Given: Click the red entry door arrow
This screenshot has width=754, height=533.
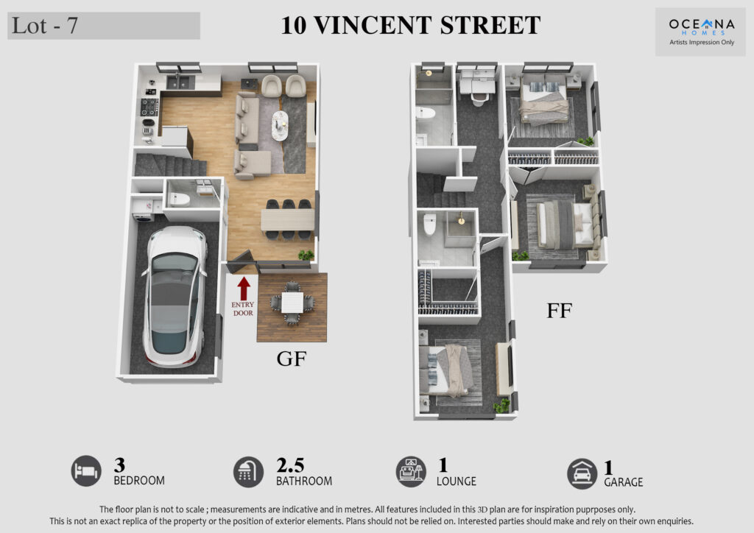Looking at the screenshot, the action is (244, 289).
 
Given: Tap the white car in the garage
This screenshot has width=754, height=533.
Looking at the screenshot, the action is (175, 297).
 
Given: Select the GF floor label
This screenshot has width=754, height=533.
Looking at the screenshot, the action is (292, 359).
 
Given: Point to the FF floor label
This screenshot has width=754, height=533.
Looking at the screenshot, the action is (560, 311).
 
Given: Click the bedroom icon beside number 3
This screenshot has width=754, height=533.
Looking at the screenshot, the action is (87, 470).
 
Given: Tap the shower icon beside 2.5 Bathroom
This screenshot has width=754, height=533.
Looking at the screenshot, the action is (249, 471).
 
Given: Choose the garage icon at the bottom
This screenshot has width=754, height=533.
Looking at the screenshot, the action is (582, 474).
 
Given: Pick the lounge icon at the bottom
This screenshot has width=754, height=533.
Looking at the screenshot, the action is (411, 471).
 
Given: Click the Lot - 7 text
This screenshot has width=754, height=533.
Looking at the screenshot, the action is (45, 26).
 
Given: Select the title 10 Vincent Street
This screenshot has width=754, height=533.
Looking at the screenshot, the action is (411, 25).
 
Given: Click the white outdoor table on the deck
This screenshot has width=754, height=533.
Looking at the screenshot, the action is (292, 303).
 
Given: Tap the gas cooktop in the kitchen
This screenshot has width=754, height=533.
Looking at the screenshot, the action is (149, 107).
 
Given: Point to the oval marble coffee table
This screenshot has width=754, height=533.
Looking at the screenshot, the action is (279, 126).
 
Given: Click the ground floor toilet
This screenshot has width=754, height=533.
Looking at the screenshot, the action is (180, 199).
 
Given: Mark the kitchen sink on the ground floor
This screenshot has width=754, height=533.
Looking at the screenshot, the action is (180, 82).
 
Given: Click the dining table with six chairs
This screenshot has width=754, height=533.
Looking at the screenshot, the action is (288, 220).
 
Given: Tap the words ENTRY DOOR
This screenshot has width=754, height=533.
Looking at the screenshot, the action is (243, 308).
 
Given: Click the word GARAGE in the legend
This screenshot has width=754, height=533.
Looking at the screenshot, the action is (623, 482).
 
